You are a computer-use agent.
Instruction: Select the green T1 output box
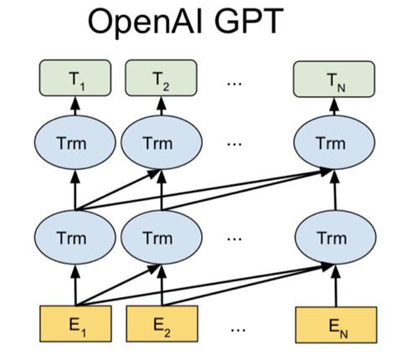[x=76, y=80]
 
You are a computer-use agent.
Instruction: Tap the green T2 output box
[x=160, y=80]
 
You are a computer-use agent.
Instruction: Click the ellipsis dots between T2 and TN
[x=235, y=82]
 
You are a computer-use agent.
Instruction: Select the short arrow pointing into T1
[x=76, y=106]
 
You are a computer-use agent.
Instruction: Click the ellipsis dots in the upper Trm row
[x=235, y=144]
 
